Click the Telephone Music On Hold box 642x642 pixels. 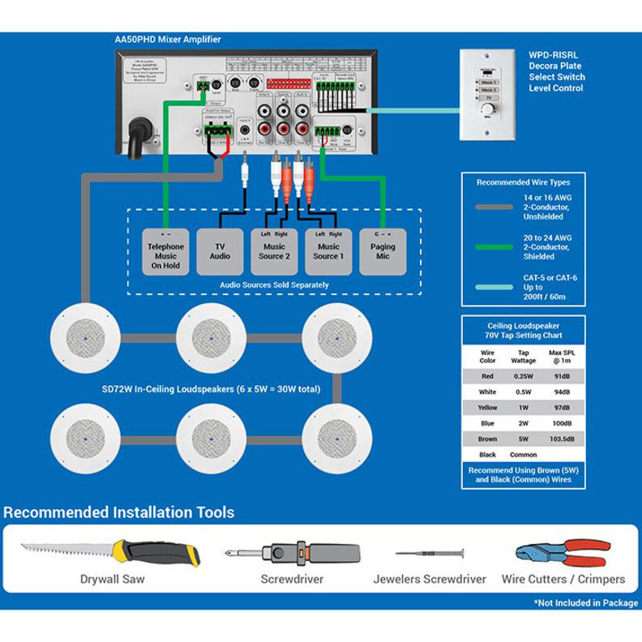[165, 251]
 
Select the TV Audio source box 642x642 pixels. [220, 251]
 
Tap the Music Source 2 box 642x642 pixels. [274, 251]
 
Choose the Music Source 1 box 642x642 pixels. [328, 251]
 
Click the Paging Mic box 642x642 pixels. [383, 251]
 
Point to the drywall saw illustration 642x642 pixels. [111, 554]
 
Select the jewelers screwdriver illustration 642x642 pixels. [429, 554]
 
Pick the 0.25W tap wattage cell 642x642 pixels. [523, 376]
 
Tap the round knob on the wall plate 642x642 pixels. [488, 109]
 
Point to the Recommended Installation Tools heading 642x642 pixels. [119, 512]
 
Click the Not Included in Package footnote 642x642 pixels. [585, 603]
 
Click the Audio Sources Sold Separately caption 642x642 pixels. [274, 285]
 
